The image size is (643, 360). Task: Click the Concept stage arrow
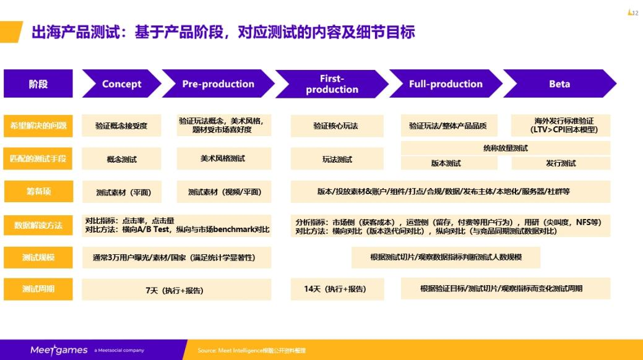click(121, 84)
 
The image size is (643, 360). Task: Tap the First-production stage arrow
click(332, 84)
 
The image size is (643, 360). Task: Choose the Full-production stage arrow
click(446, 84)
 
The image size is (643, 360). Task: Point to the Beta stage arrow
click(559, 84)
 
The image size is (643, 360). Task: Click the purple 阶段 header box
click(38, 84)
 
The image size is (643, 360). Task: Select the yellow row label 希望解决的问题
click(38, 126)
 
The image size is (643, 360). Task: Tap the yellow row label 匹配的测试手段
click(38, 159)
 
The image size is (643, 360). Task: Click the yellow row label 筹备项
click(38, 192)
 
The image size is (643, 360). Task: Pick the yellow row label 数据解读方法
click(38, 225)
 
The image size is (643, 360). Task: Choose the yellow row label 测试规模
click(38, 257)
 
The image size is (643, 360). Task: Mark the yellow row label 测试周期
click(38, 289)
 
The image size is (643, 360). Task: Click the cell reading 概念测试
click(121, 159)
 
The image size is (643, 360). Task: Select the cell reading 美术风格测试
click(223, 158)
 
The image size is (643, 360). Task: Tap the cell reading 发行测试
click(561, 163)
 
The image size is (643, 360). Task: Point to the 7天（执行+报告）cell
click(176, 289)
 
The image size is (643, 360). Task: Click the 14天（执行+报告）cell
click(337, 289)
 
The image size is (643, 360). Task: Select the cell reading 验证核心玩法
click(337, 126)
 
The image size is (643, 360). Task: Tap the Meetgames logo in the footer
click(59, 350)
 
